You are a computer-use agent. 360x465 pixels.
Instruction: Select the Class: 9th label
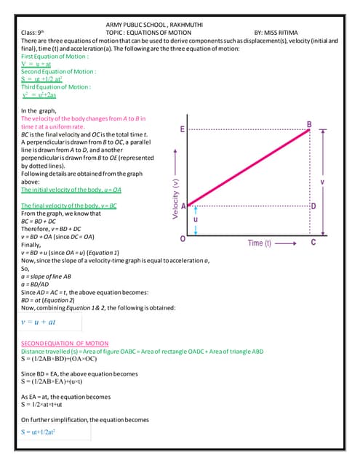point(33,33)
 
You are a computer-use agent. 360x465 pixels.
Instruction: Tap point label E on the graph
point(182,129)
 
